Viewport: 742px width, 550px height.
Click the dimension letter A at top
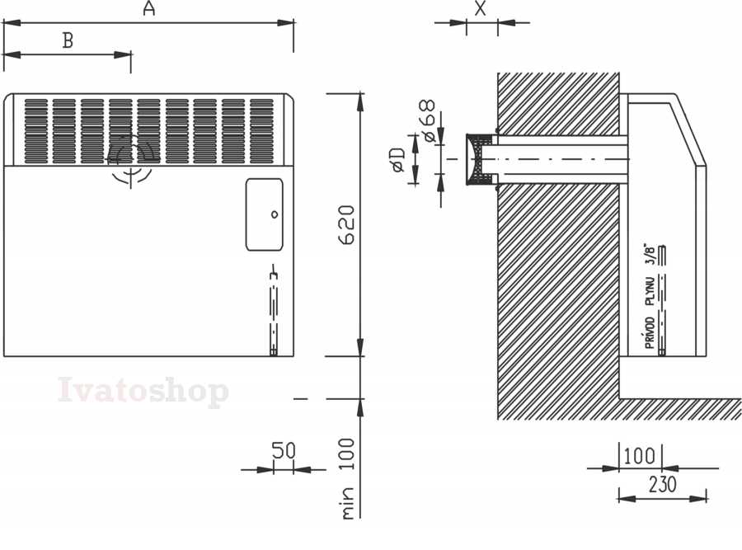tap(149, 8)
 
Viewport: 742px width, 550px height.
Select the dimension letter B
tap(68, 40)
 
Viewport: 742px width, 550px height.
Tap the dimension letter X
tap(481, 8)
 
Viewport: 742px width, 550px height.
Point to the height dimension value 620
tap(347, 225)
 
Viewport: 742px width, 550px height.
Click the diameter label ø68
tap(429, 121)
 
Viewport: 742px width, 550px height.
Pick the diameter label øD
tap(399, 159)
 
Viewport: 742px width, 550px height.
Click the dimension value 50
tap(284, 450)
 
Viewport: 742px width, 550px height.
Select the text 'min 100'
tap(347, 478)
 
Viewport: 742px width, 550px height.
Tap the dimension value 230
tap(663, 485)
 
